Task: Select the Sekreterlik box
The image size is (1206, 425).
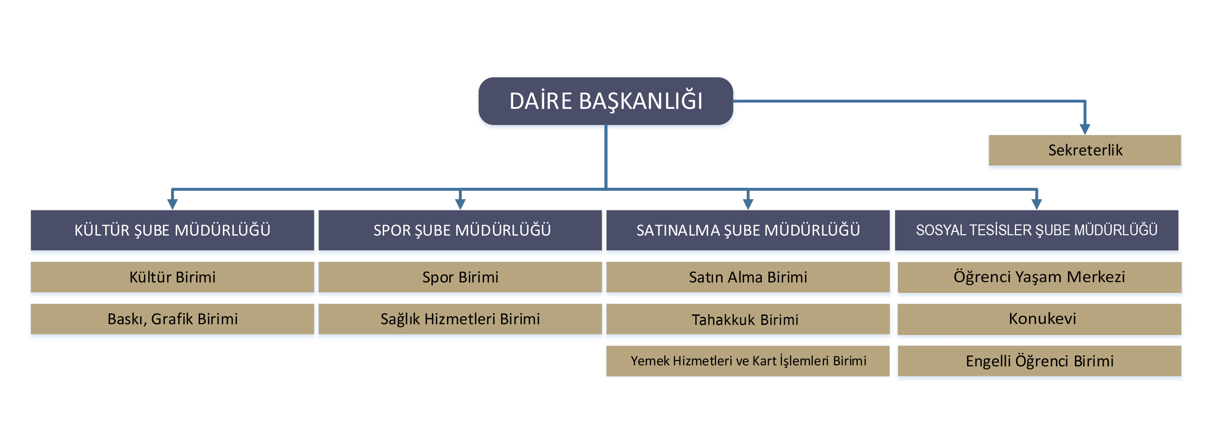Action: [x=1085, y=150]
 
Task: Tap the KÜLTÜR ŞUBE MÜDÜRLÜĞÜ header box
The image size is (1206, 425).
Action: [x=172, y=230]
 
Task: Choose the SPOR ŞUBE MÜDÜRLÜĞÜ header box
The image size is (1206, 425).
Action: [x=460, y=230]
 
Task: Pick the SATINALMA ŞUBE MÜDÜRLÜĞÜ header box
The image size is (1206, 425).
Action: [x=748, y=230]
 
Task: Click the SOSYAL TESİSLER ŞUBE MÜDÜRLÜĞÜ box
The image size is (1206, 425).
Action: [x=1036, y=230]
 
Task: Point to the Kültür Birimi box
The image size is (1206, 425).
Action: [x=172, y=277]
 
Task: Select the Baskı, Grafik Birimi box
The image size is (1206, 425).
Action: [x=172, y=319]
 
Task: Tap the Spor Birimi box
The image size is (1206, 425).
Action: [x=460, y=277]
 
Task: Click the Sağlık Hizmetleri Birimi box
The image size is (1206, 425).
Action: [x=460, y=319]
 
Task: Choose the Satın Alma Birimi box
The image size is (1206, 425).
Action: [x=748, y=277]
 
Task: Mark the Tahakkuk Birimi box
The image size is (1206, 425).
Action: [x=748, y=319]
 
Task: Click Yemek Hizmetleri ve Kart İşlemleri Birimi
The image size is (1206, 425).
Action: [x=748, y=361]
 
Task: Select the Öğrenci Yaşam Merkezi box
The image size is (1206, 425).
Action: [x=1039, y=277]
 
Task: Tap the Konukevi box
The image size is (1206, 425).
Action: [x=1039, y=319]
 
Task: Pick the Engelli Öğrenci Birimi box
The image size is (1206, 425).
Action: [x=1039, y=361]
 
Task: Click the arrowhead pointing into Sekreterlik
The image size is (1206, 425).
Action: [x=1085, y=129]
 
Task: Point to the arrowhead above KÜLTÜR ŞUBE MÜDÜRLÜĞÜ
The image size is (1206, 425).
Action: [x=172, y=204]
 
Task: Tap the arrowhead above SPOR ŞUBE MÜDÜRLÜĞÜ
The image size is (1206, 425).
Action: [x=460, y=204]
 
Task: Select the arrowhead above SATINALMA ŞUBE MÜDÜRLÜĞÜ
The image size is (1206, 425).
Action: [x=748, y=204]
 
